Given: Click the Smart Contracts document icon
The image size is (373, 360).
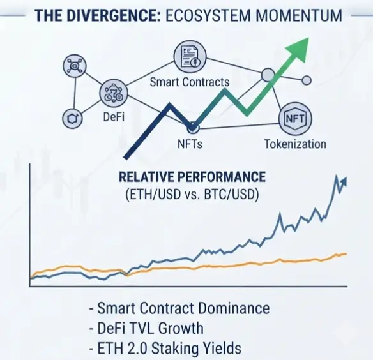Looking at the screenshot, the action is (190, 56).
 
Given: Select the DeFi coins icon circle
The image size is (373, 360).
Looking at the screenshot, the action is (114, 93).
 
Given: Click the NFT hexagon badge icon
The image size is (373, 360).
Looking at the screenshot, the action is (295, 119).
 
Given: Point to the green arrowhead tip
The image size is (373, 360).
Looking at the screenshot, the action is (308, 38).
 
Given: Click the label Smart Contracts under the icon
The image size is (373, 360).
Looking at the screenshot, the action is (190, 82).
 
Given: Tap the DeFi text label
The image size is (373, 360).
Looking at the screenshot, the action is (114, 117).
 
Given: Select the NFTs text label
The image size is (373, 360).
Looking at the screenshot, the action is (190, 144).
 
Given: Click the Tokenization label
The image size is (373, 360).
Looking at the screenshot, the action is (295, 144).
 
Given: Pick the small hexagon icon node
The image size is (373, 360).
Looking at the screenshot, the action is (72, 118).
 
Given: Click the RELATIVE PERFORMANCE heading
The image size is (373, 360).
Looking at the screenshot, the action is (192, 177).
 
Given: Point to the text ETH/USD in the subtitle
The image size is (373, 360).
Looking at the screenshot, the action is (153, 194).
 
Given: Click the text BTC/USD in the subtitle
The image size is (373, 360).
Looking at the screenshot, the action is (231, 194).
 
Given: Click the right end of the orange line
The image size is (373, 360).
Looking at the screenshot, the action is (347, 254).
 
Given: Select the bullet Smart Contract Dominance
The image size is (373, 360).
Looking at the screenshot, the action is (179, 308).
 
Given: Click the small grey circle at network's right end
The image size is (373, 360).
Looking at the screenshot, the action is (307, 80).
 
